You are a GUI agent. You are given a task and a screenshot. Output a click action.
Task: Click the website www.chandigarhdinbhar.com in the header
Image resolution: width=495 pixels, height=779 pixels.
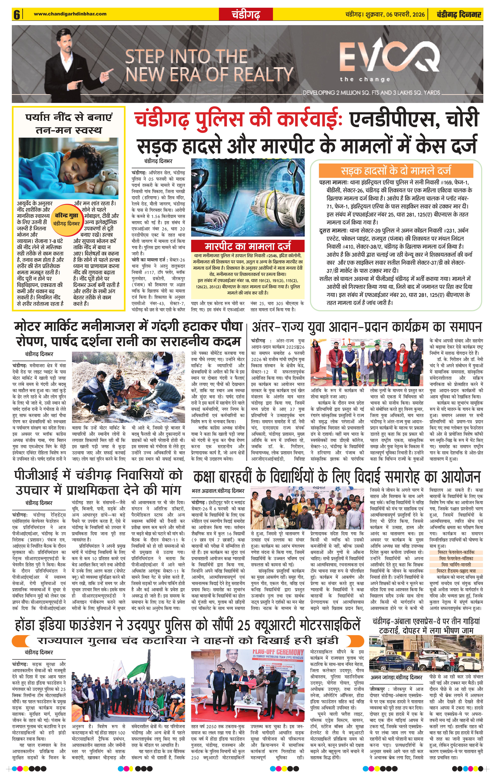(x=70, y=14)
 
